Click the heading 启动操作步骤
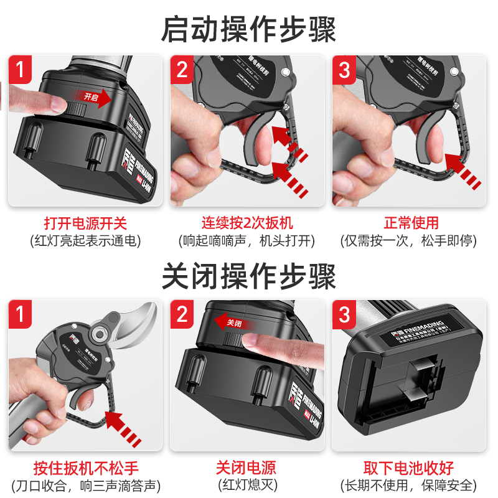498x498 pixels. pos(249,29)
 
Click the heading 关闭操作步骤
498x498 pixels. pos(249,276)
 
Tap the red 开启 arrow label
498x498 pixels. pos(93,96)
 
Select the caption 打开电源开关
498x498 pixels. pos(85,223)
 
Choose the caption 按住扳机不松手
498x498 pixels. pos(85,468)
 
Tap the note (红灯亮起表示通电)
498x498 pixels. pos(85,240)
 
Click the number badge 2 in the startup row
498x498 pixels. pos(182,69)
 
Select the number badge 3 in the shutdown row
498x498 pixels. pos(345,314)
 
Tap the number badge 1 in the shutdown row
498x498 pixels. pos(21,314)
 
